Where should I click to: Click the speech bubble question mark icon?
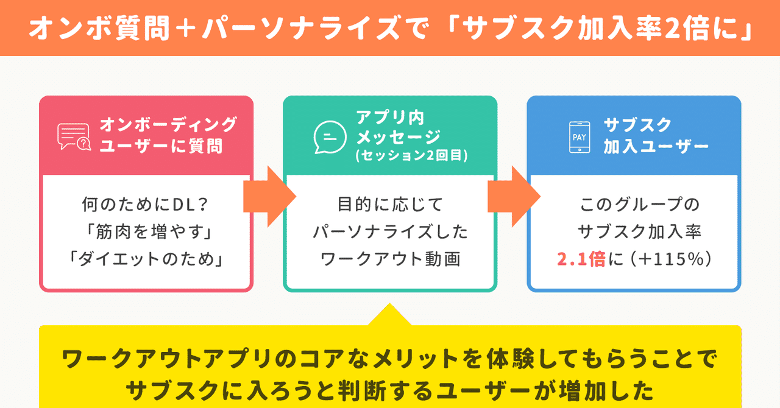[x=74, y=136]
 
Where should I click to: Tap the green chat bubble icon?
[x=330, y=137]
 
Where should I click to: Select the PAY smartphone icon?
[x=580, y=137]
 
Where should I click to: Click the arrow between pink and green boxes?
[x=269, y=197]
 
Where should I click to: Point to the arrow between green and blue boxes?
[x=514, y=197]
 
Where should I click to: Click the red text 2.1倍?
[x=581, y=259]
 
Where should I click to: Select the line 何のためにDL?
[x=145, y=204]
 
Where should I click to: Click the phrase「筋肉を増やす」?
[x=149, y=231]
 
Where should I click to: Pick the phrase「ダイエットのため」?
[x=146, y=259]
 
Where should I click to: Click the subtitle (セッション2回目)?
[x=411, y=155]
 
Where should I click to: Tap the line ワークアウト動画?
[x=391, y=259]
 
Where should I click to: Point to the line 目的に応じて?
[x=391, y=204]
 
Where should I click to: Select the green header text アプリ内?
[x=390, y=118]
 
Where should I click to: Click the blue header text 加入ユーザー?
[x=656, y=146]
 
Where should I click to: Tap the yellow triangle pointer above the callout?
[x=389, y=314]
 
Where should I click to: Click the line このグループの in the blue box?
[x=639, y=204]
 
